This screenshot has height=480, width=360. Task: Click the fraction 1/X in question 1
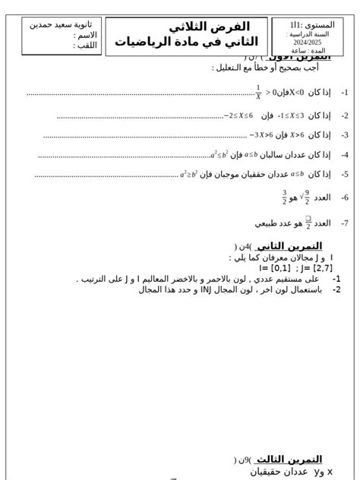coord(258,93)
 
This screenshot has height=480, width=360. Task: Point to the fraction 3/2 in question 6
coord(284,197)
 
